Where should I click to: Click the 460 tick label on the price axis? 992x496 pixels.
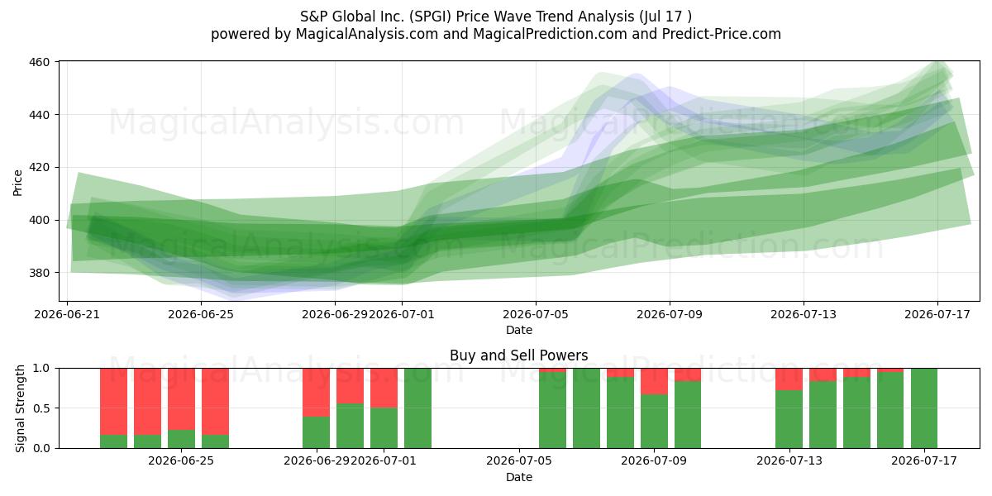click(x=39, y=62)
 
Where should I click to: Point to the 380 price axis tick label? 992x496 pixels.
click(x=39, y=274)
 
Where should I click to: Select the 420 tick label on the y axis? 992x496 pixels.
click(x=39, y=168)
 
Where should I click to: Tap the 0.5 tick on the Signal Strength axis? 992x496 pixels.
click(x=42, y=408)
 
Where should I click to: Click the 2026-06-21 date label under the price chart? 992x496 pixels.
click(x=67, y=314)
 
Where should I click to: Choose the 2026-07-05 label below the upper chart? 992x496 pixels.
click(x=536, y=314)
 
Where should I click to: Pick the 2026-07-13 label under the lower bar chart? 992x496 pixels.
click(x=789, y=461)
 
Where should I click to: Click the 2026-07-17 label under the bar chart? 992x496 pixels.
click(x=924, y=461)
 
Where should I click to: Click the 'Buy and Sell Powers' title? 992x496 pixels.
click(x=519, y=355)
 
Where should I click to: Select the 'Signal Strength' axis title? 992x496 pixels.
click(x=20, y=408)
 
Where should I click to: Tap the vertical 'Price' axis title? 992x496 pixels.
click(x=17, y=183)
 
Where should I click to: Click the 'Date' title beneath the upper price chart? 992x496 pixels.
click(x=519, y=330)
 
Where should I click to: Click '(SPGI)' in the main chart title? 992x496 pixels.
click(x=430, y=17)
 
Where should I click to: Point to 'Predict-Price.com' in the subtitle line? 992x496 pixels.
click(x=722, y=34)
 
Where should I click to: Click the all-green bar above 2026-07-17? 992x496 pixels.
click(x=924, y=408)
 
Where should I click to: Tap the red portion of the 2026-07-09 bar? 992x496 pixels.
click(x=654, y=381)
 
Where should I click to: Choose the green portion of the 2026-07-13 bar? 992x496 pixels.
click(x=789, y=419)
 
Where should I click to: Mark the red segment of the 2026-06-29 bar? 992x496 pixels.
click(x=316, y=393)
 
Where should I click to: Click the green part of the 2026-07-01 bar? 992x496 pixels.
click(x=384, y=428)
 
